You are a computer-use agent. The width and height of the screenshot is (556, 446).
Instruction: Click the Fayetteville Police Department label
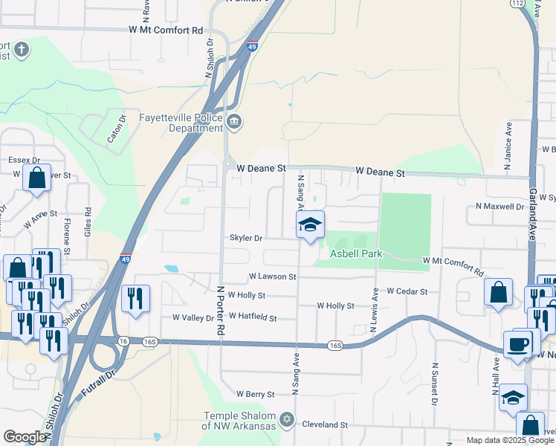pos(182,123)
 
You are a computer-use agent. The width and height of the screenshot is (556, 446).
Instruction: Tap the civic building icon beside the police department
pos(235,121)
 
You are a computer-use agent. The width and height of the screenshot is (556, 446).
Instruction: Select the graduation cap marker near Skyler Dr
pos(311,225)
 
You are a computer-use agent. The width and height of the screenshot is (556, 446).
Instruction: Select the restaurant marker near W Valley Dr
pos(135,299)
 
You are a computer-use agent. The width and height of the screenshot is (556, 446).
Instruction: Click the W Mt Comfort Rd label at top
pos(166,30)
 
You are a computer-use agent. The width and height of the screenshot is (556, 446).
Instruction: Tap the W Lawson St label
pos(273,277)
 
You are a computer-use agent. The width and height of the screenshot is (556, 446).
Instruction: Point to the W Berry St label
pos(256,393)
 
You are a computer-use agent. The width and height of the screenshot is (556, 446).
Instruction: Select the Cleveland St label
pos(326,425)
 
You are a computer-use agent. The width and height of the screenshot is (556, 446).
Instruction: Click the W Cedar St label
pos(407,292)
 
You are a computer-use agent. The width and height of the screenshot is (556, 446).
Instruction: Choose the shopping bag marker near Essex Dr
pos(36,178)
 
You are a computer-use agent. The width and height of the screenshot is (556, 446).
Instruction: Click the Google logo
pos(24,437)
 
